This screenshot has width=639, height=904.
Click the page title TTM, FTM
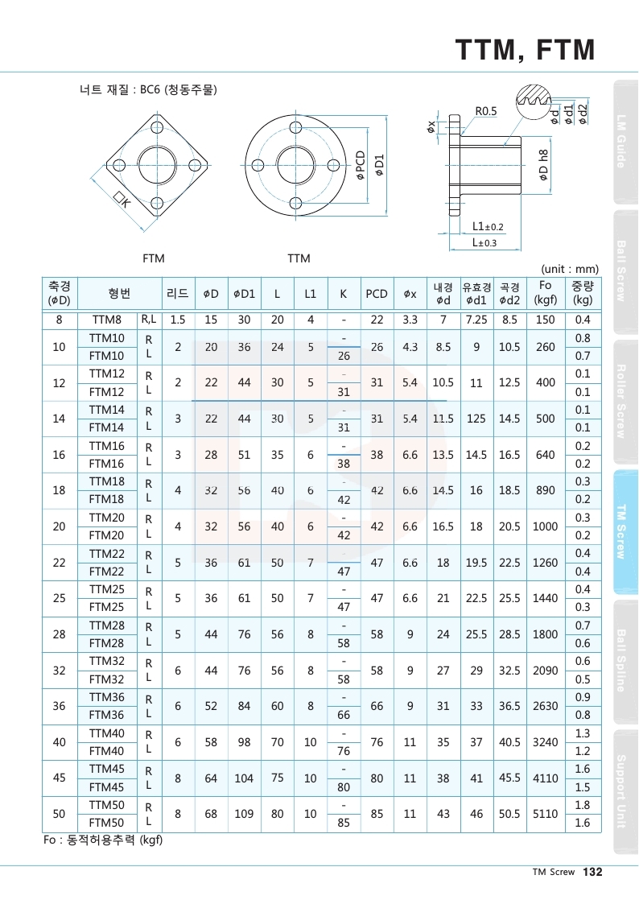pos(525,50)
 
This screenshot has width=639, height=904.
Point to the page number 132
pos(592,872)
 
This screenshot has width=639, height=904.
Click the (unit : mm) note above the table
pos(571,269)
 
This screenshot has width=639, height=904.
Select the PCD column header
pos(377,294)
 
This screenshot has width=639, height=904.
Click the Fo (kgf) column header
pos(546,294)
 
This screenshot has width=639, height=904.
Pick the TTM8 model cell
pos(107,320)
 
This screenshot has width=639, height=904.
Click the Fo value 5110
pos(546,814)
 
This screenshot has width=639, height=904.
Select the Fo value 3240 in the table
pos(546,742)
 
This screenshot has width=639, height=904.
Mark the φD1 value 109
pos(244,814)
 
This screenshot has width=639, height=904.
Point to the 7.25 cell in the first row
pos(476,320)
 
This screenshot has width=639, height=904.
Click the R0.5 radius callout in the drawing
pos(486,110)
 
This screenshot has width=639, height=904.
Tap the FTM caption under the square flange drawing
pos(153,258)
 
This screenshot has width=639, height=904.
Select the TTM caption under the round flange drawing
pos(299,258)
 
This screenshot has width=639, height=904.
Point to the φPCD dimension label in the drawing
pos(361,166)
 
